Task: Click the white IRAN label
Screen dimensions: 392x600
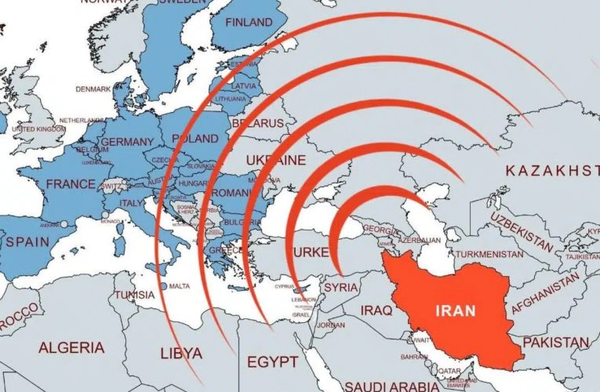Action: [454, 310]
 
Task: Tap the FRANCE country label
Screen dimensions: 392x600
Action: [71, 184]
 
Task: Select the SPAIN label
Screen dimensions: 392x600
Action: [27, 242]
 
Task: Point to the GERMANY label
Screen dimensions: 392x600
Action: [128, 142]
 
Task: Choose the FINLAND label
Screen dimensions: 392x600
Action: [249, 23]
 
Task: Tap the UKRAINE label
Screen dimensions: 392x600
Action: [275, 160]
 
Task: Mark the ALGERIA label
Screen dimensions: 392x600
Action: [71, 347]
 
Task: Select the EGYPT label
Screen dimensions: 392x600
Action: [271, 361]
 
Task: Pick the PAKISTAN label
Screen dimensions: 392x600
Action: [555, 343]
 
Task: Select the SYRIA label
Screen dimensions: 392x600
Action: [340, 287]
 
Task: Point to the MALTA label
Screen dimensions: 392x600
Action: [180, 286]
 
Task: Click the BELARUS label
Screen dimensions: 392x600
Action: [257, 123]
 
